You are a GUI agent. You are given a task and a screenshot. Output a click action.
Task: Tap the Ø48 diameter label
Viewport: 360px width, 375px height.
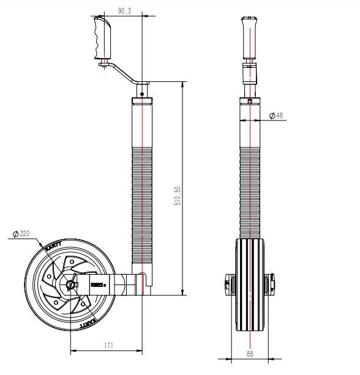click(x=276, y=115)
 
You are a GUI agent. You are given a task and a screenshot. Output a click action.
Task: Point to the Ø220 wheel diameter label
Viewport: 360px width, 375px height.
click(x=20, y=233)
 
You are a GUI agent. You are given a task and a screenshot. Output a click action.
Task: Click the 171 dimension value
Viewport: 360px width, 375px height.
click(x=108, y=346)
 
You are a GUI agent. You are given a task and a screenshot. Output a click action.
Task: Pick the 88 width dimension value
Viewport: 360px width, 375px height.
click(x=250, y=352)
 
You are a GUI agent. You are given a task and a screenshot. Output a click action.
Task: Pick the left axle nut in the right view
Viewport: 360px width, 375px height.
click(x=228, y=283)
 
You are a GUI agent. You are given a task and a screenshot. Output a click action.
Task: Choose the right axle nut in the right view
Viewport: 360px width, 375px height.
click(x=271, y=283)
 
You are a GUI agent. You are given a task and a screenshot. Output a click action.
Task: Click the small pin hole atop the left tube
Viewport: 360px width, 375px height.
click(x=142, y=94)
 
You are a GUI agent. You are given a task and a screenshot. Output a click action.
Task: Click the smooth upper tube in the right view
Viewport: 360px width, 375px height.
click(x=250, y=122)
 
